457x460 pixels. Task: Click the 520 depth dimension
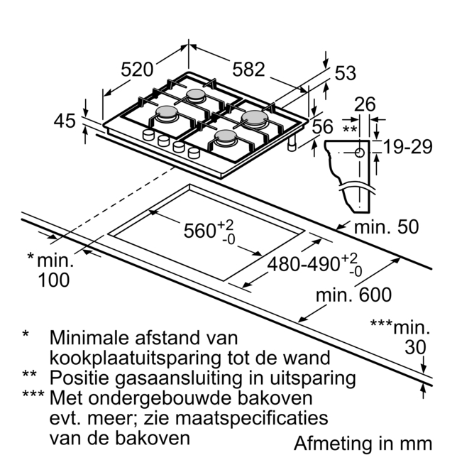pyautogui.click(x=137, y=70)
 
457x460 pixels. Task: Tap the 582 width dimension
pyautogui.click(x=248, y=70)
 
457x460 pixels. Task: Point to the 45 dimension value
pyautogui.click(x=65, y=121)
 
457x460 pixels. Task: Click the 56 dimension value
pyautogui.click(x=322, y=127)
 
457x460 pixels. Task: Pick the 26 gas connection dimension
pyautogui.click(x=364, y=104)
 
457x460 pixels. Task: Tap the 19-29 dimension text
pyautogui.click(x=407, y=147)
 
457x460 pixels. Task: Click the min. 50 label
pyautogui.click(x=386, y=227)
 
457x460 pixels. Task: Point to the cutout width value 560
pyautogui.click(x=199, y=231)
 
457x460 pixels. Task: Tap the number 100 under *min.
pyautogui.click(x=53, y=280)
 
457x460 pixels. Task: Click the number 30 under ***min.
pyautogui.click(x=416, y=347)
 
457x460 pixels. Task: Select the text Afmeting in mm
pyautogui.click(x=363, y=443)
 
